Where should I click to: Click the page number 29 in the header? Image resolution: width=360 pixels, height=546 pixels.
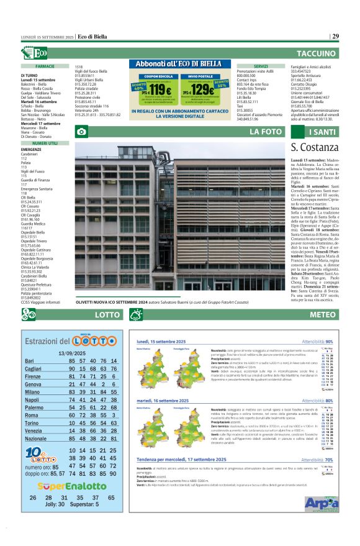tap(335, 37)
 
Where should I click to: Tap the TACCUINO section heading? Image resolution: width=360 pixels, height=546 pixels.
tap(317, 54)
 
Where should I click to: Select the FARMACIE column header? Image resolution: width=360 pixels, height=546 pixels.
tap(45, 66)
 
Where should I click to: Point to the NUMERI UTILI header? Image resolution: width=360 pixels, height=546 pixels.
tap(45, 143)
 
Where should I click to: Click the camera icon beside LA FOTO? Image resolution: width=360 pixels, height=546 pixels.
tap(81, 132)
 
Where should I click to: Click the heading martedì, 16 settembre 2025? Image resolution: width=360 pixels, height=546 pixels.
tap(163, 401)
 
